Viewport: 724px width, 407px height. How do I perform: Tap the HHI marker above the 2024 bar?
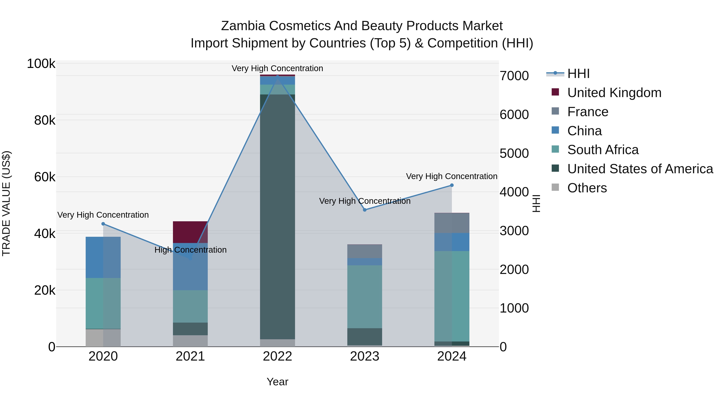tap(452, 185)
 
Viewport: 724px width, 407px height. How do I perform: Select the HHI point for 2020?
tap(103, 224)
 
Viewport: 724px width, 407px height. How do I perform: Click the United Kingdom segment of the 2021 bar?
tap(190, 232)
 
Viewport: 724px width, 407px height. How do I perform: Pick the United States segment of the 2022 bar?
tap(277, 216)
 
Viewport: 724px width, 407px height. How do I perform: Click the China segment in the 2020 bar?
tap(103, 257)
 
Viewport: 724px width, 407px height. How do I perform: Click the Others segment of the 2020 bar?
tap(103, 338)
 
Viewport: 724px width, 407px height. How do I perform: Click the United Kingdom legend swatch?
tap(555, 92)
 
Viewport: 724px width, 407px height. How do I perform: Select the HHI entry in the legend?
tap(578, 74)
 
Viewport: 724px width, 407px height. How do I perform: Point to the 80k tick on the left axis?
tap(45, 121)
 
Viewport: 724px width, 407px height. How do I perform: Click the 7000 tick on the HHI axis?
tap(514, 76)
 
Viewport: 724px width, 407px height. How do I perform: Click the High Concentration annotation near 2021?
tap(190, 250)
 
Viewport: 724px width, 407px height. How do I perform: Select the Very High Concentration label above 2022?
tap(277, 68)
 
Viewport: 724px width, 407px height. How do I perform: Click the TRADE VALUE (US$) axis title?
tap(6, 203)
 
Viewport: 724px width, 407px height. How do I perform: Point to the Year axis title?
tap(277, 382)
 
